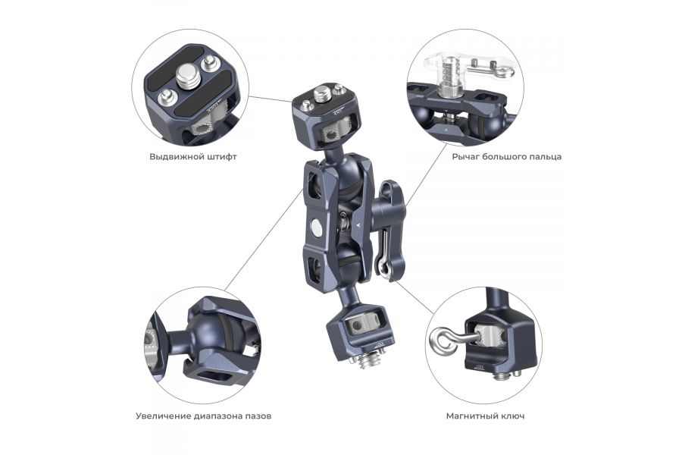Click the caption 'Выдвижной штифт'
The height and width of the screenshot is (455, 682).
[x=193, y=157]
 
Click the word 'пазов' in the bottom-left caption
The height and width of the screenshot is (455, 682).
[x=257, y=416]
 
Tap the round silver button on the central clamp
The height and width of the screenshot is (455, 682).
[x=315, y=225]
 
